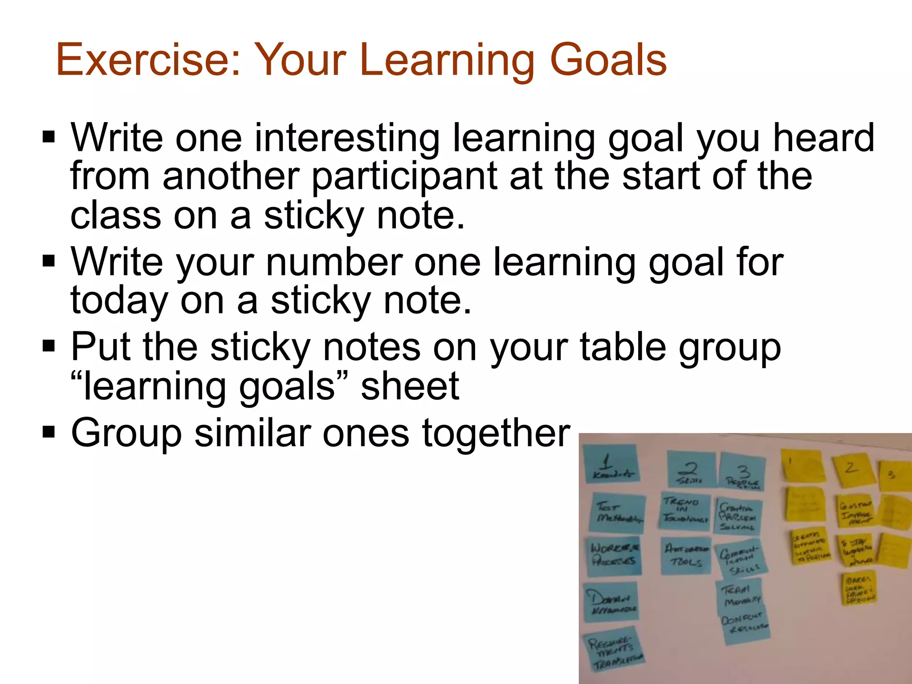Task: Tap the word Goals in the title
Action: coord(608,60)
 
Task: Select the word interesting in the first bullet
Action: coord(346,138)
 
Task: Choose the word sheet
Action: coord(410,386)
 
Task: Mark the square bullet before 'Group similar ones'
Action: coord(48,432)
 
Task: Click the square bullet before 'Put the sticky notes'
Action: coord(48,346)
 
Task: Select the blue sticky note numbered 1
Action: coord(611,464)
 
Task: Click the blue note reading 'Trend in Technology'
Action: coord(685,511)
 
